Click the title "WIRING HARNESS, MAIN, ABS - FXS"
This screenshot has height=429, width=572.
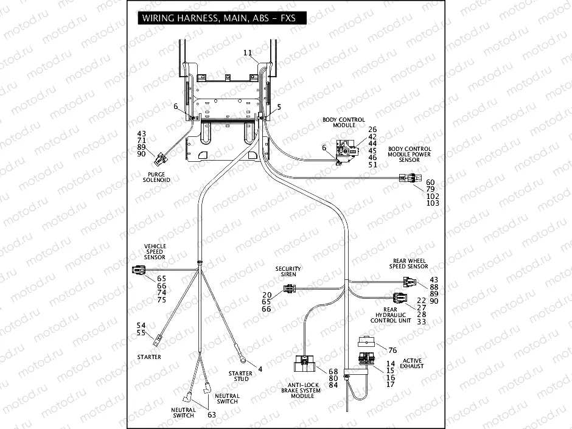coord(219,18)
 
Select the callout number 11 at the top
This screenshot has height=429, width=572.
coord(247,54)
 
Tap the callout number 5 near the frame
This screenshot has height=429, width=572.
coord(279,107)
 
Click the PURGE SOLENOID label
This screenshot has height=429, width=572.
coord(156,177)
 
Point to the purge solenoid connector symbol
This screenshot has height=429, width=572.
coord(161,159)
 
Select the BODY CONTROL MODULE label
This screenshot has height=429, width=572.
coord(344,122)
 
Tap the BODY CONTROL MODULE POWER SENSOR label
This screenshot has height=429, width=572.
coord(409,155)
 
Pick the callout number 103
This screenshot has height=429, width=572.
coord(433,203)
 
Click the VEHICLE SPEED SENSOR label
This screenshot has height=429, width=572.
coord(155,252)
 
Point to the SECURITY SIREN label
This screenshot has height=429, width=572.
coord(288,271)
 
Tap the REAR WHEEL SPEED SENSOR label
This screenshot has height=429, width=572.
coord(409,263)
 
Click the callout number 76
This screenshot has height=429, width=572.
coord(392,350)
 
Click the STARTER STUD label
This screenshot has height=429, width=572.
coord(240,377)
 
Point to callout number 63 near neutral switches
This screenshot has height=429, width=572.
coord(212,414)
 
